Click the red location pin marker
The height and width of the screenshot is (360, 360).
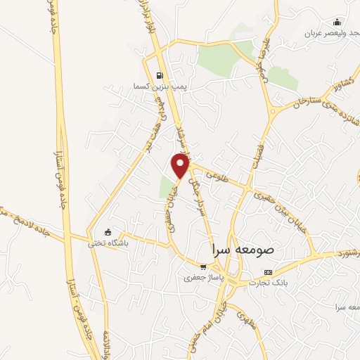tap(181, 167)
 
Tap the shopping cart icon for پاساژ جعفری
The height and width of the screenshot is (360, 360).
tap(203, 267)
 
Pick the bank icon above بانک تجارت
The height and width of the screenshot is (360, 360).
tap(267, 272)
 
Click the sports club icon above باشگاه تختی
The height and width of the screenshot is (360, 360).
tap(108, 231)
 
